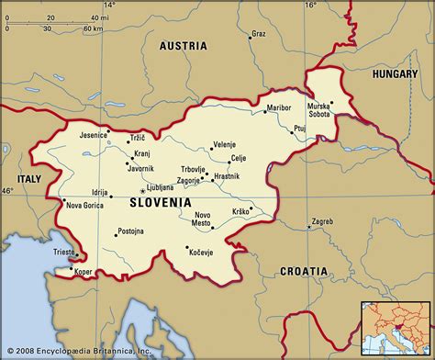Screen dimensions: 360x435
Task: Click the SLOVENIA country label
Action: point(161,201)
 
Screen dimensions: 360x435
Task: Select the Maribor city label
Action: point(278,107)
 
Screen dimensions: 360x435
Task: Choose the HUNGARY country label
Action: point(396,71)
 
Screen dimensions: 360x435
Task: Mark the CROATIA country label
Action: point(303,271)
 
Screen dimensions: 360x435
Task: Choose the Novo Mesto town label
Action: point(201,219)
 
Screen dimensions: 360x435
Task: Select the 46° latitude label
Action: point(7,190)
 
